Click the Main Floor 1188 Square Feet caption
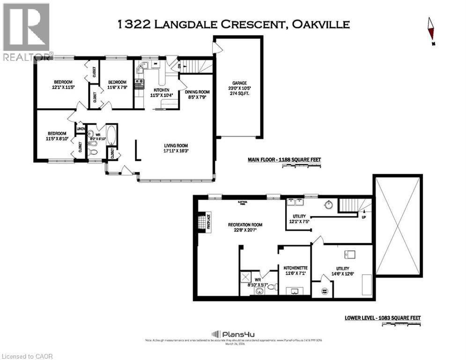click(x=284, y=160)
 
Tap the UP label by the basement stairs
click(x=363, y=217)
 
